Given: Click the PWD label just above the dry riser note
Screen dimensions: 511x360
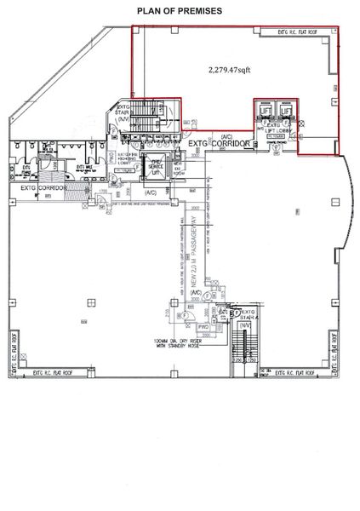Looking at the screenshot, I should (180, 326).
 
